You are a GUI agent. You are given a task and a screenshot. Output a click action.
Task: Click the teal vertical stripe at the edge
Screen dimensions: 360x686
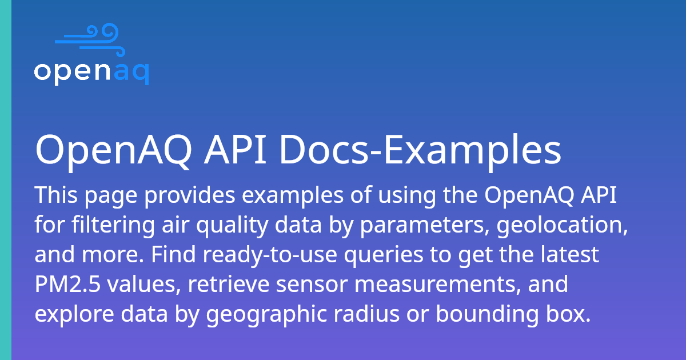(5, 180)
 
